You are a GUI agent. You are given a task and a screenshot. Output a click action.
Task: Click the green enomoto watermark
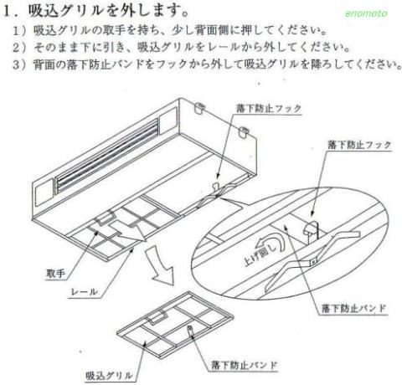(x=366, y=13)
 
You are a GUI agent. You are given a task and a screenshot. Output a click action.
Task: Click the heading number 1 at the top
(x=8, y=12)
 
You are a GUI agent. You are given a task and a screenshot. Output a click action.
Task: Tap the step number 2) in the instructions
(x=19, y=48)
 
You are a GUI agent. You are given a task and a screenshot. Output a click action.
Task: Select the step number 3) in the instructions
(x=19, y=64)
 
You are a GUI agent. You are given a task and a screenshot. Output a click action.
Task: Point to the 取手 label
(x=56, y=273)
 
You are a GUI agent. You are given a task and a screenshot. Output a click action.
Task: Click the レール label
(x=85, y=292)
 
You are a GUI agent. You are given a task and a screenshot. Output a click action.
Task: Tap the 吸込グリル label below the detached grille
(x=109, y=375)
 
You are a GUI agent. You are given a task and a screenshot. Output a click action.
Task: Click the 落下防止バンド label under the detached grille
(x=244, y=365)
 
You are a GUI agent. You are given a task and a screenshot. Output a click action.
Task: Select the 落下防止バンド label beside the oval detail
(x=353, y=308)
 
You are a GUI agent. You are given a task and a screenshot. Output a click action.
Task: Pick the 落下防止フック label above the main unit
(x=269, y=108)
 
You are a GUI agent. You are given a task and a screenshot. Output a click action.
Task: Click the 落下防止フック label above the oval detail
(x=359, y=145)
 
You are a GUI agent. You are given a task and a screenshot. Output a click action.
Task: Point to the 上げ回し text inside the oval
(x=260, y=253)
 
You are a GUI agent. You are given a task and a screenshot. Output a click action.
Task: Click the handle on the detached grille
(x=157, y=317)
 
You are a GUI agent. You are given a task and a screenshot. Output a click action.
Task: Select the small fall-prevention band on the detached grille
(x=190, y=330)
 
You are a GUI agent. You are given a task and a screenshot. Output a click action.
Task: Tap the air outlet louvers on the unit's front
(x=106, y=156)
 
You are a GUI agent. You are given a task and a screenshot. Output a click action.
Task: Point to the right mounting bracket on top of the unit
(x=244, y=131)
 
